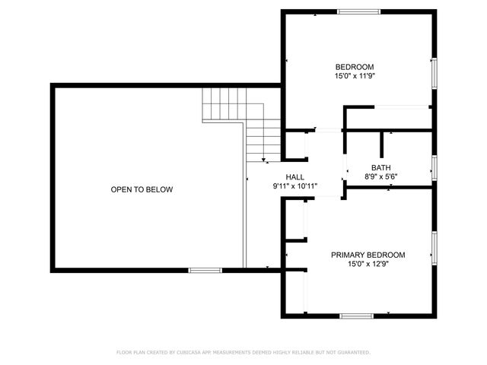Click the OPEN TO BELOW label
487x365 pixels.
point(142,189)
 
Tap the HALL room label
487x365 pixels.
point(294,176)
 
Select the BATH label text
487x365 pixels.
point(380,168)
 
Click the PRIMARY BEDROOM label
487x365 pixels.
point(368,255)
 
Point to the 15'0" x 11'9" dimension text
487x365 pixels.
point(355,76)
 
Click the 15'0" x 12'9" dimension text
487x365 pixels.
point(368,264)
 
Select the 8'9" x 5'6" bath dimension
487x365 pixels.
point(381,177)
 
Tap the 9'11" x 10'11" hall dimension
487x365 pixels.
point(294,186)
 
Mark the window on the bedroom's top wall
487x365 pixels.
point(358,11)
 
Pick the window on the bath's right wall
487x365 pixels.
point(434,167)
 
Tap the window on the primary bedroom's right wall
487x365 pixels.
point(434,246)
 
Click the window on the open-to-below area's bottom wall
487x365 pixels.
point(205,270)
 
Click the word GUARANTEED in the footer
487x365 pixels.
point(352,352)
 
